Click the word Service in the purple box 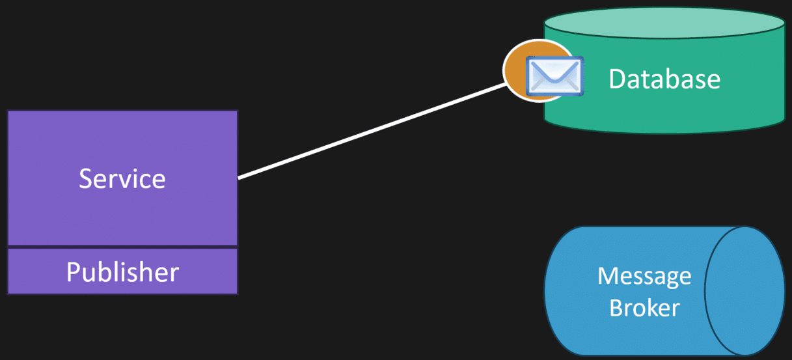coord(122,178)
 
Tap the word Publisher coord(123,272)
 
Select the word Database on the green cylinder coord(664,79)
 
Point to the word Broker coord(644,308)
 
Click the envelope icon coord(554,76)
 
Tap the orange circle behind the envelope coord(517,71)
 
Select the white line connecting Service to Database coord(372,132)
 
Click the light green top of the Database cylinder coord(664,23)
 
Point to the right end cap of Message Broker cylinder coord(744,291)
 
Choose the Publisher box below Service coord(123,271)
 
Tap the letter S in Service coord(85,178)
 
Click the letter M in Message coord(607,275)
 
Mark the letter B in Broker coord(616,308)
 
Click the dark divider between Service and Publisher coord(123,247)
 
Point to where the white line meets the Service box coord(238,178)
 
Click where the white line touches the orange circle coord(506,83)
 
